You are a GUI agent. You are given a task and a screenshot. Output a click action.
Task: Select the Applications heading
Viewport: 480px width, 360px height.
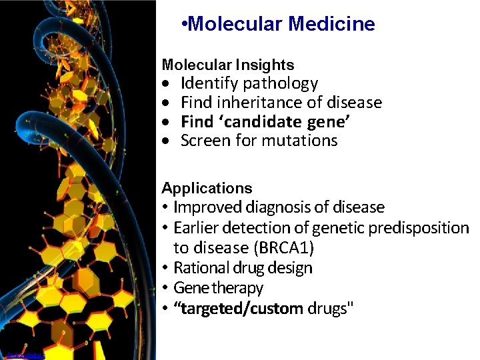pyautogui.click(x=207, y=188)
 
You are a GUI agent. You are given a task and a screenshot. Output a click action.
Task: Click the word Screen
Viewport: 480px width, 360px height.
pyautogui.click(x=203, y=141)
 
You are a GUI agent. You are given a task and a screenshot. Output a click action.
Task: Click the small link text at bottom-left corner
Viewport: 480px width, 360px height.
pyautogui.click(x=24, y=356)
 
